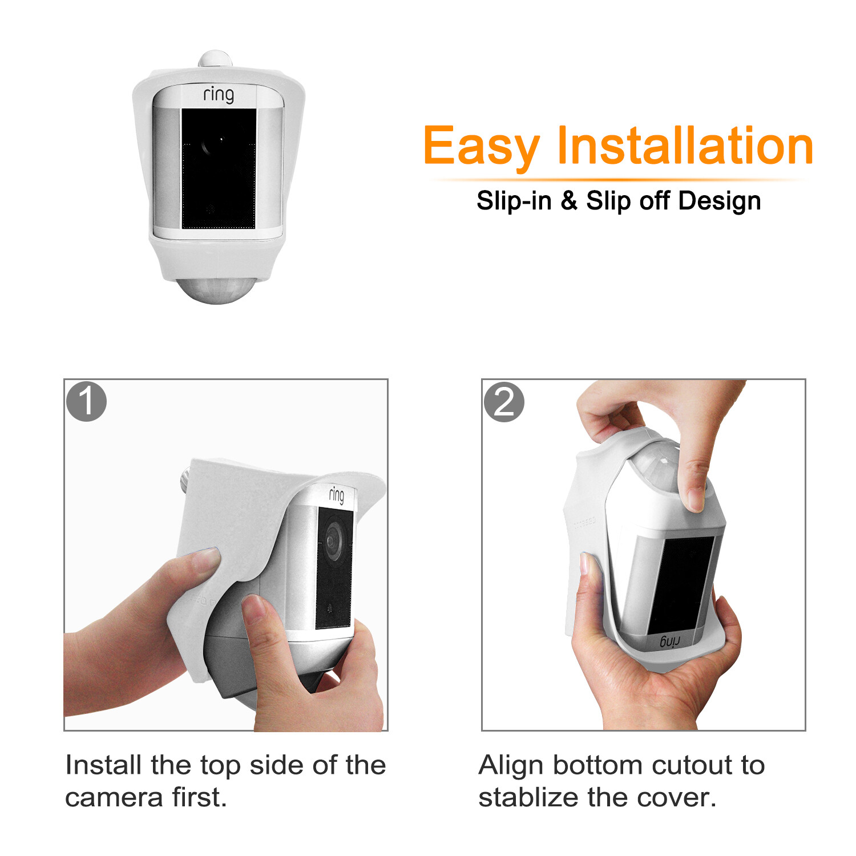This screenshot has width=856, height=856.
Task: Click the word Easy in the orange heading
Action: [481, 147]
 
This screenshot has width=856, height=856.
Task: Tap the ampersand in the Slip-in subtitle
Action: [568, 200]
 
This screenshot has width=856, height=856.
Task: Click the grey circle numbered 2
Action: [504, 402]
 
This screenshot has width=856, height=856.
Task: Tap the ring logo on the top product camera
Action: [219, 94]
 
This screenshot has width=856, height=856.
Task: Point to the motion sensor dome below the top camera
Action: [216, 289]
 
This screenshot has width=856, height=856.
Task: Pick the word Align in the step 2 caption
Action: [510, 766]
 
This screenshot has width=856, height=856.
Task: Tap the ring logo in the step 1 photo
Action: [337, 495]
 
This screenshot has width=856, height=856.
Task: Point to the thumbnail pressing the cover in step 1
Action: [206, 556]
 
